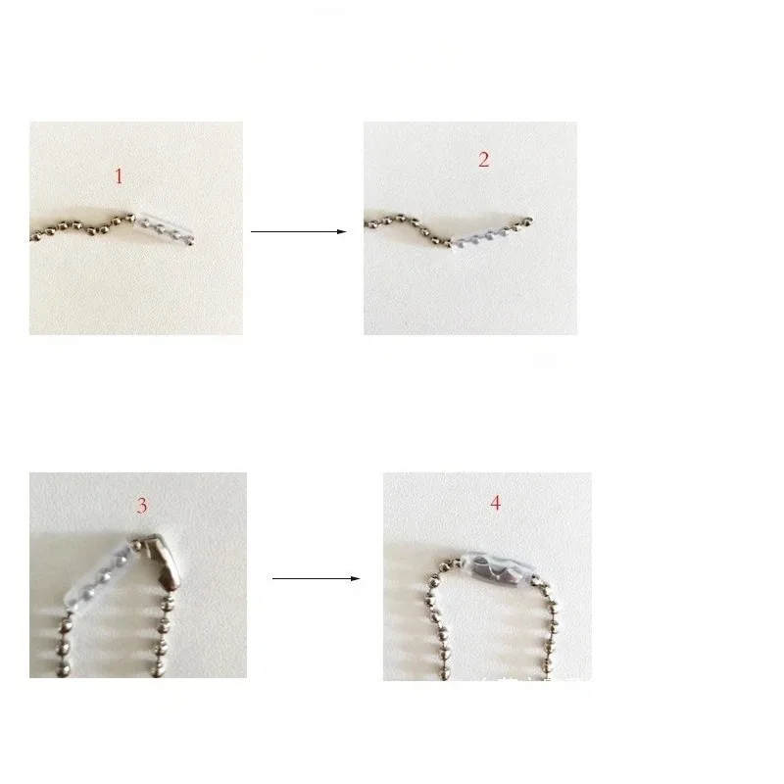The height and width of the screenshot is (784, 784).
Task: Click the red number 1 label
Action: click(119, 176)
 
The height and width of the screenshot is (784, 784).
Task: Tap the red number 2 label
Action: click(483, 160)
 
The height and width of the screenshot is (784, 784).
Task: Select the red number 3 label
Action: click(142, 506)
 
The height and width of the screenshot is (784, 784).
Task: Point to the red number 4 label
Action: click(495, 503)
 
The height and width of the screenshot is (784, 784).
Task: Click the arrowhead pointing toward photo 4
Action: click(356, 578)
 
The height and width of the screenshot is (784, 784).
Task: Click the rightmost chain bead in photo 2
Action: click(530, 220)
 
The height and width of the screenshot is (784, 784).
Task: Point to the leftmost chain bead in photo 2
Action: click(368, 226)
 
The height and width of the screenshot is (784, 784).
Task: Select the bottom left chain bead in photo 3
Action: click(60, 670)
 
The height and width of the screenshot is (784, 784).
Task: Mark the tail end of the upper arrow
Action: click(253, 231)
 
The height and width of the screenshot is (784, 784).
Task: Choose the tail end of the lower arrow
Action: click(273, 578)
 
